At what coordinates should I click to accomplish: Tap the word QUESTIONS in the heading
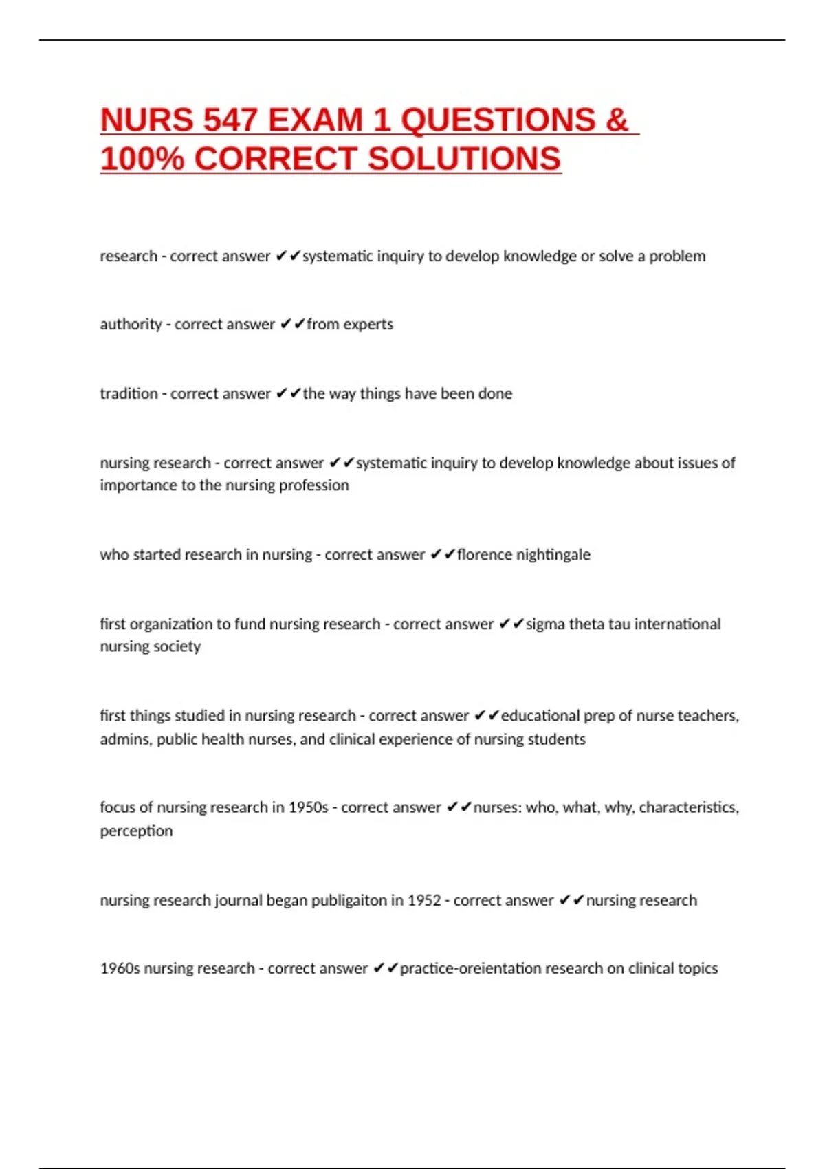tap(498, 120)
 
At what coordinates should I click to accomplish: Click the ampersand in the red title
tap(617, 120)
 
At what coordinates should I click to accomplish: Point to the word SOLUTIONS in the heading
tap(465, 160)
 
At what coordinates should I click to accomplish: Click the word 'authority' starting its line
tap(131, 325)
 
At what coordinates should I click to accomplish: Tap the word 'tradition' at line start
tap(129, 394)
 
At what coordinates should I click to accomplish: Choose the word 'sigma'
tap(545, 624)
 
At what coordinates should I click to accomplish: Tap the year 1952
tap(424, 901)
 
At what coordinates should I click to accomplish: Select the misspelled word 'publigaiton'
tap(350, 901)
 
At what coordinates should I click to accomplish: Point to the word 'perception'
tap(136, 831)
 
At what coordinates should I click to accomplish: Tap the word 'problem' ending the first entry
tap(677, 256)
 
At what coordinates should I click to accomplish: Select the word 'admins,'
tap(126, 740)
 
